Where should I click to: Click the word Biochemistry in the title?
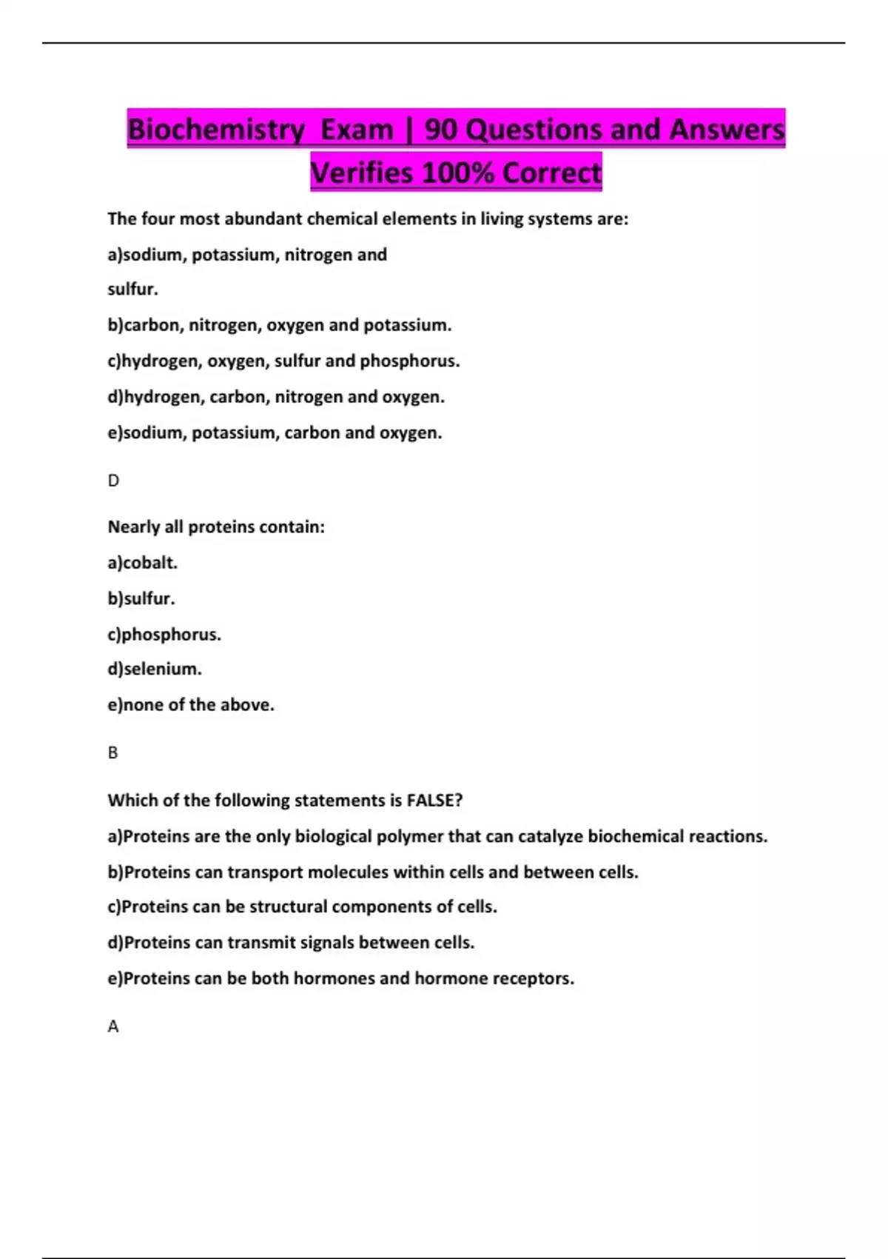(215, 130)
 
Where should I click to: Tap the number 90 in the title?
(441, 130)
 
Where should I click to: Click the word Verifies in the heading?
(361, 173)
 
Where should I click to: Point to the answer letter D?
(113, 481)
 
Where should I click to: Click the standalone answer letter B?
(112, 752)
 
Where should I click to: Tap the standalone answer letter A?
(113, 1026)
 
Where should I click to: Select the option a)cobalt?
(143, 563)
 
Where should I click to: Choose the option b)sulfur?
(141, 598)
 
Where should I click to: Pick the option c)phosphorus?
(164, 635)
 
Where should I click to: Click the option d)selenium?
(155, 669)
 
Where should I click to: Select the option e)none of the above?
(191, 705)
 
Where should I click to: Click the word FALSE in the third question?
(434, 801)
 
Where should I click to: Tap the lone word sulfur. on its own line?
(133, 290)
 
